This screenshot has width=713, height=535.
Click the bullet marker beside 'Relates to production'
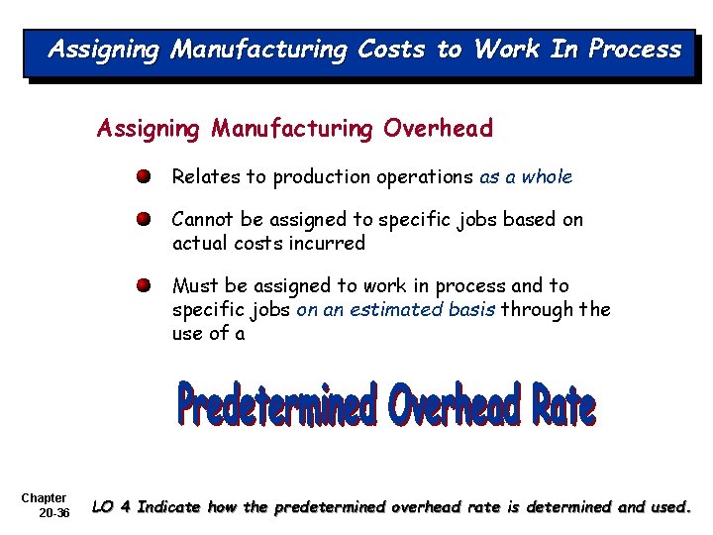(x=145, y=177)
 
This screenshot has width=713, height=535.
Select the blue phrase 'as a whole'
(x=526, y=177)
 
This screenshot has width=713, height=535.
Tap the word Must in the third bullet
(x=194, y=286)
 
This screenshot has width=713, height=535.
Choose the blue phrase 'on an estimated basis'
(x=396, y=310)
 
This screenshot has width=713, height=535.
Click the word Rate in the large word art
(x=561, y=405)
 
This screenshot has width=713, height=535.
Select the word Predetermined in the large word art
(x=278, y=405)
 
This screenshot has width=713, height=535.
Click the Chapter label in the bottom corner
(x=44, y=497)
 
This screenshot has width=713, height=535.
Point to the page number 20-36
(x=54, y=513)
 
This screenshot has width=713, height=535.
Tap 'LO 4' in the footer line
(x=111, y=507)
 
